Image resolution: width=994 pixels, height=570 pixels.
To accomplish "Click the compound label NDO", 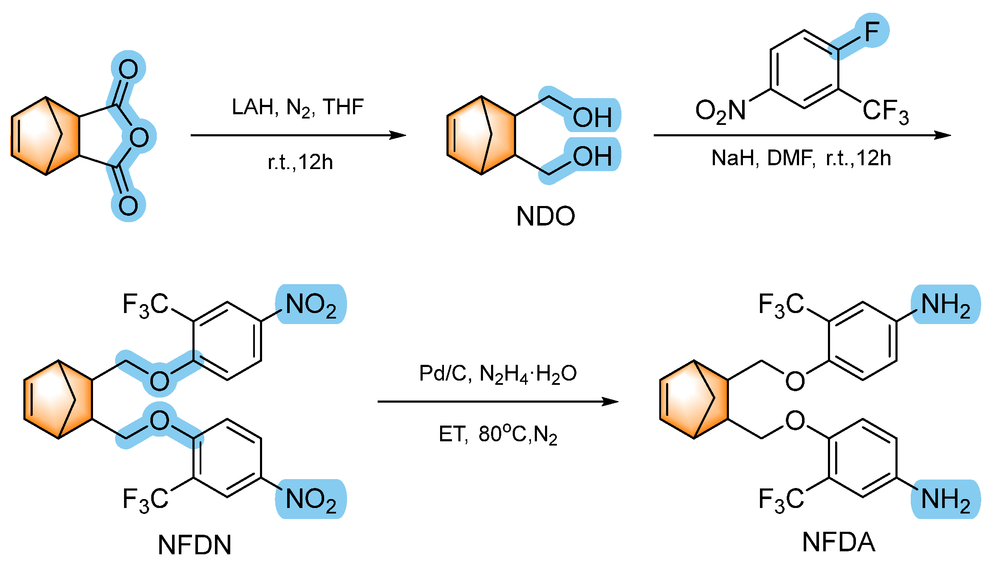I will (x=545, y=216).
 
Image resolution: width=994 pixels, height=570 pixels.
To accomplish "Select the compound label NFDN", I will (x=195, y=545).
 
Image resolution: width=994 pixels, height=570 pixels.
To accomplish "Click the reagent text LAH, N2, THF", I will (x=297, y=107).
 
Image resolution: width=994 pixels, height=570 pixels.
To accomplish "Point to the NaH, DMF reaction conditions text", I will (x=801, y=158).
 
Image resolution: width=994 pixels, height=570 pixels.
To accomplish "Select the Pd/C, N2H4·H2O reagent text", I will (x=498, y=374).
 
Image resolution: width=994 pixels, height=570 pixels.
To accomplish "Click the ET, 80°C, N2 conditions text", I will (x=498, y=434).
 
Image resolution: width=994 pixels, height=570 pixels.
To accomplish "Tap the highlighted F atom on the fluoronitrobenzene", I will (x=872, y=31).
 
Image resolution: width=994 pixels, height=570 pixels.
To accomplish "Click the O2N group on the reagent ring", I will (x=720, y=111).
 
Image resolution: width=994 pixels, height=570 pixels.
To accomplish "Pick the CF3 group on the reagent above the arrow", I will (x=885, y=111).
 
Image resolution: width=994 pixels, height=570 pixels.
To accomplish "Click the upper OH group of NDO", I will (x=592, y=117).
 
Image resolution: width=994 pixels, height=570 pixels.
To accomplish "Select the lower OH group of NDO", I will (x=592, y=156).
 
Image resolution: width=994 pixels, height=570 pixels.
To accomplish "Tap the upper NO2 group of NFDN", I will (x=311, y=305).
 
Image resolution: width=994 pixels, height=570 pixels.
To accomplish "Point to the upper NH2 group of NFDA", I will (x=946, y=305).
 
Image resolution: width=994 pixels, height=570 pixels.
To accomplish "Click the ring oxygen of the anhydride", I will (x=139, y=137).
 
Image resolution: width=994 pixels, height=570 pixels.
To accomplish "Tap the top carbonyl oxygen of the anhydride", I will (x=128, y=69).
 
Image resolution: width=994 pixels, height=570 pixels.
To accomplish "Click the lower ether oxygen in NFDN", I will (x=159, y=420).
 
